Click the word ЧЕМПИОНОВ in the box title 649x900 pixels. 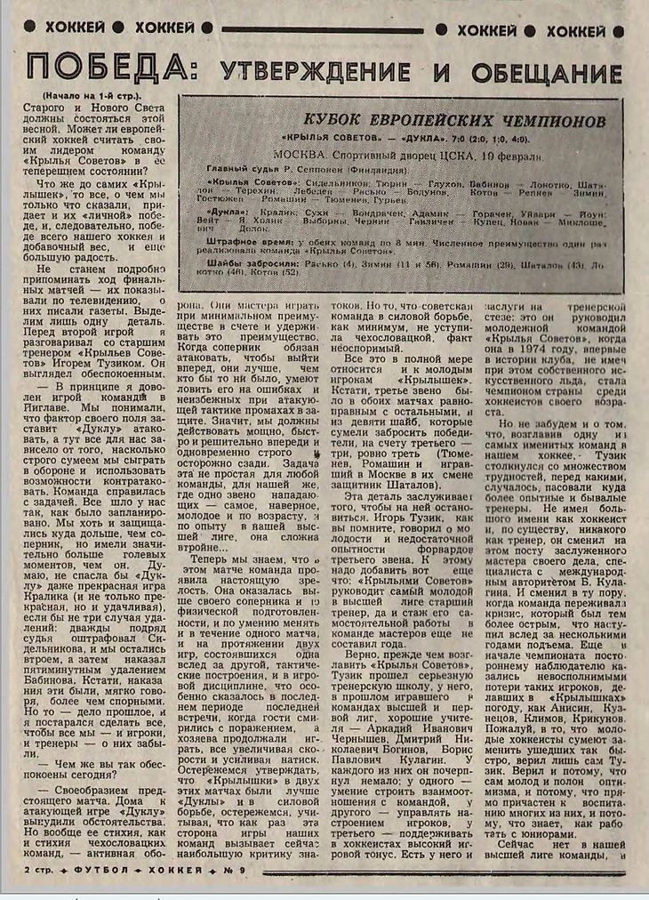[533, 118]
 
